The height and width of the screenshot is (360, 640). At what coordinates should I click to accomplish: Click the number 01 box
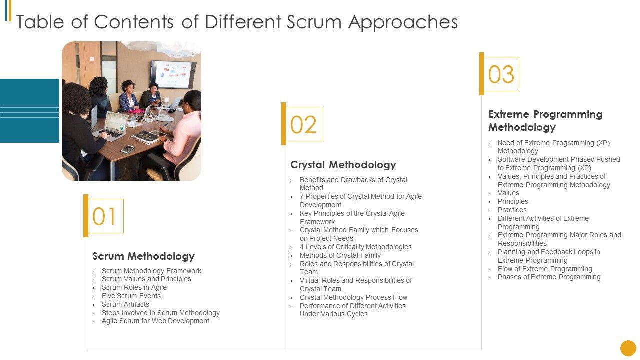pyautogui.click(x=104, y=216)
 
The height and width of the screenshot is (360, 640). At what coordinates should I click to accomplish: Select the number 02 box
pyautogui.click(x=303, y=124)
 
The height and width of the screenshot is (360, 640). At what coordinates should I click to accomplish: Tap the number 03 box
pyautogui.click(x=501, y=74)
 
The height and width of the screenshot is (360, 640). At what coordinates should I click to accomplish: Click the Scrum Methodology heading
pyautogui.click(x=143, y=256)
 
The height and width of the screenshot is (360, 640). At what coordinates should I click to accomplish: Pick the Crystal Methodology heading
pyautogui.click(x=343, y=165)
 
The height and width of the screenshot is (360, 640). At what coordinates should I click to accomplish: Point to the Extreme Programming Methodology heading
pyautogui.click(x=545, y=121)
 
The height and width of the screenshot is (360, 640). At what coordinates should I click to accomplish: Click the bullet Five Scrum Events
pyautogui.click(x=131, y=296)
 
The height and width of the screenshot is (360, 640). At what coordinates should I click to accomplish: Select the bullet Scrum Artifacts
pyautogui.click(x=125, y=304)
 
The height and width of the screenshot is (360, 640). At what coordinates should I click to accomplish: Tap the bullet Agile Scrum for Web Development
pyautogui.click(x=155, y=321)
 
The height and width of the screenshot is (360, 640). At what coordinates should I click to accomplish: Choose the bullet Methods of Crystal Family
pyautogui.click(x=340, y=255)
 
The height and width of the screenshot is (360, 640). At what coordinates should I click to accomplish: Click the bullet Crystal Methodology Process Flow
pyautogui.click(x=353, y=297)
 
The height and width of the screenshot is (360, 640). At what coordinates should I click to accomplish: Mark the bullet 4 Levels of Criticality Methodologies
pyautogui.click(x=355, y=247)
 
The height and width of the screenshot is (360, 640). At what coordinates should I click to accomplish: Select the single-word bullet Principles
pyautogui.click(x=513, y=201)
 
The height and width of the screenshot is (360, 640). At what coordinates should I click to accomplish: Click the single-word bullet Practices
pyautogui.click(x=512, y=210)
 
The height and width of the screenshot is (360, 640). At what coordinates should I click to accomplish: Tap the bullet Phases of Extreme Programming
pyautogui.click(x=549, y=277)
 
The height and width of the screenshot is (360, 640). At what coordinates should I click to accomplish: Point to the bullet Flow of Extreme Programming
pyautogui.click(x=545, y=269)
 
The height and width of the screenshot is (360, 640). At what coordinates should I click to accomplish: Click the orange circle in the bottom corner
pyautogui.click(x=628, y=348)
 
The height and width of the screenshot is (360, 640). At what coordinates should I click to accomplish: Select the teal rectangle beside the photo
pyautogui.click(x=29, y=111)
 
